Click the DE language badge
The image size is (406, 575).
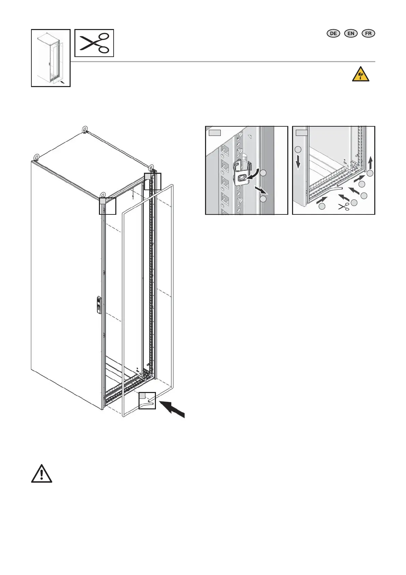point(333,33)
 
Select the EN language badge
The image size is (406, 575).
point(351,33)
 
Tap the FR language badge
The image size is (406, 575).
point(368,33)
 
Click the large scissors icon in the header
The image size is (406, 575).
point(94,43)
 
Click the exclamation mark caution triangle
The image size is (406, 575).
point(42,474)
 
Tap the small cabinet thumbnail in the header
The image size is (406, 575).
point(50,58)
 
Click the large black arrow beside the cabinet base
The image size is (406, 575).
point(172,409)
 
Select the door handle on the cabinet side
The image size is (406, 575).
point(99,304)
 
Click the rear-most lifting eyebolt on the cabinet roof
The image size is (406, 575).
point(85,129)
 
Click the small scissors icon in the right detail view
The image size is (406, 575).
point(344,206)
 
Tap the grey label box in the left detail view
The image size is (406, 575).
point(215,132)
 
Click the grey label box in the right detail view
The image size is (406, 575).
point(302,132)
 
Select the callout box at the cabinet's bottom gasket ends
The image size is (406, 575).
point(147,401)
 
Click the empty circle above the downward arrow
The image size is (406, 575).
point(298,149)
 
